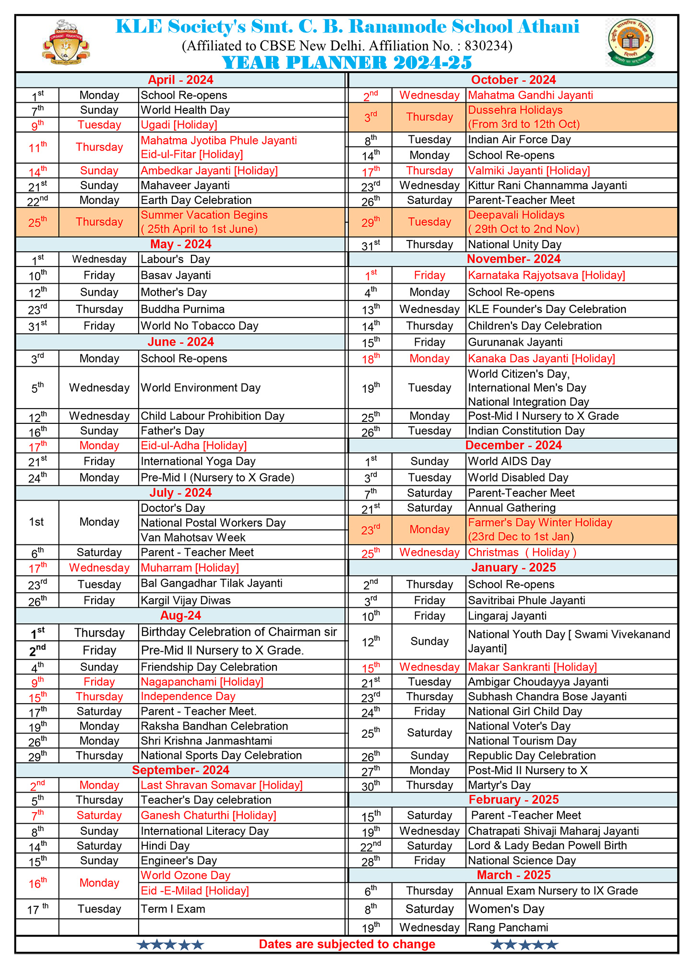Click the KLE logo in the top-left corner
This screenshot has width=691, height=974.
[66, 42]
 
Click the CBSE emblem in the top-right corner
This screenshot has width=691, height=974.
[630, 42]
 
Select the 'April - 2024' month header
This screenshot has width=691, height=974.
[180, 80]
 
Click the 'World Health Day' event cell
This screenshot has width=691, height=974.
[185, 110]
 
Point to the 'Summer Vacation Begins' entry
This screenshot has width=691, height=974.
[204, 216]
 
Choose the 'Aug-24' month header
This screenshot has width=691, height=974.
[180, 616]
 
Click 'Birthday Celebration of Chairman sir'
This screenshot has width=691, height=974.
[239, 632]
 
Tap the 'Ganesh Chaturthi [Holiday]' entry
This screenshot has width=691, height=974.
[208, 816]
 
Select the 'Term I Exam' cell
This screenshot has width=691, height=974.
[173, 909]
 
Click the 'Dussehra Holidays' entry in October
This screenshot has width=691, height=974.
[515, 110]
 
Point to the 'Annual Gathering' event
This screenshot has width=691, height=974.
[512, 508]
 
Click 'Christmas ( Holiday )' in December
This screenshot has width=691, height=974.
[522, 553]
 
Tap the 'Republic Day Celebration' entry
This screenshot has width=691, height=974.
[532, 756]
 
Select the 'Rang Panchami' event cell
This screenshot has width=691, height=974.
[508, 927]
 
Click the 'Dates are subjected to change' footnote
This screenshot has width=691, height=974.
[347, 944]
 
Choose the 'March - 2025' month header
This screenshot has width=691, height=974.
[513, 875]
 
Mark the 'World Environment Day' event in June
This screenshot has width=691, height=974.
[201, 388]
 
